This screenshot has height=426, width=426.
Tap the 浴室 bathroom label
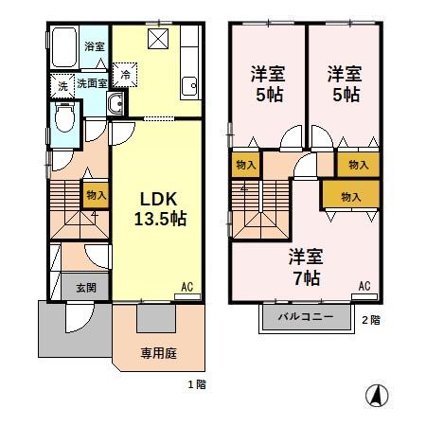point(94,45)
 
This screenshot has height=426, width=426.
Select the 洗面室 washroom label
point(92,83)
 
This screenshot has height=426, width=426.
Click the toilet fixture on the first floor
point(64,118)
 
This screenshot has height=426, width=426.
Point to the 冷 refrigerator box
point(125,73)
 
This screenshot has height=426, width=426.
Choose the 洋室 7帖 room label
point(304,267)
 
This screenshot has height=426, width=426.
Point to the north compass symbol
point(377,397)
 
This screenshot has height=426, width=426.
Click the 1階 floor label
point(196,385)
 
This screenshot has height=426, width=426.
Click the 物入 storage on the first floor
point(97,195)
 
